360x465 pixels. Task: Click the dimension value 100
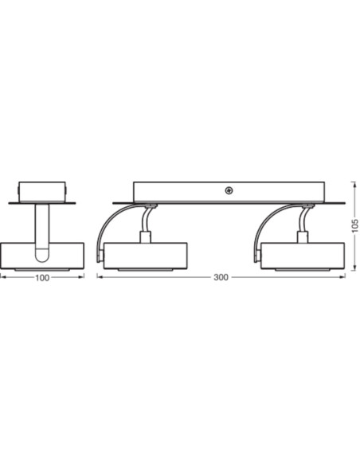pyautogui.click(x=42, y=278)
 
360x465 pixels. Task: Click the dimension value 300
pyautogui.click(x=221, y=278)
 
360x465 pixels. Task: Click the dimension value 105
pyautogui.click(x=355, y=226)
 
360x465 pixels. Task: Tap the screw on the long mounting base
pyautogui.click(x=229, y=190)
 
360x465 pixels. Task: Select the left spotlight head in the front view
pyautogui.click(x=145, y=256)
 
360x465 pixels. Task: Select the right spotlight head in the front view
pyautogui.click(x=303, y=256)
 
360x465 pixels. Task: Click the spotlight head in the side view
pyautogui.click(x=42, y=256)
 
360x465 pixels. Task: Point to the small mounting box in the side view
pyautogui.click(x=42, y=192)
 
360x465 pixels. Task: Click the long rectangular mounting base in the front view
pyautogui.click(x=229, y=193)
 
